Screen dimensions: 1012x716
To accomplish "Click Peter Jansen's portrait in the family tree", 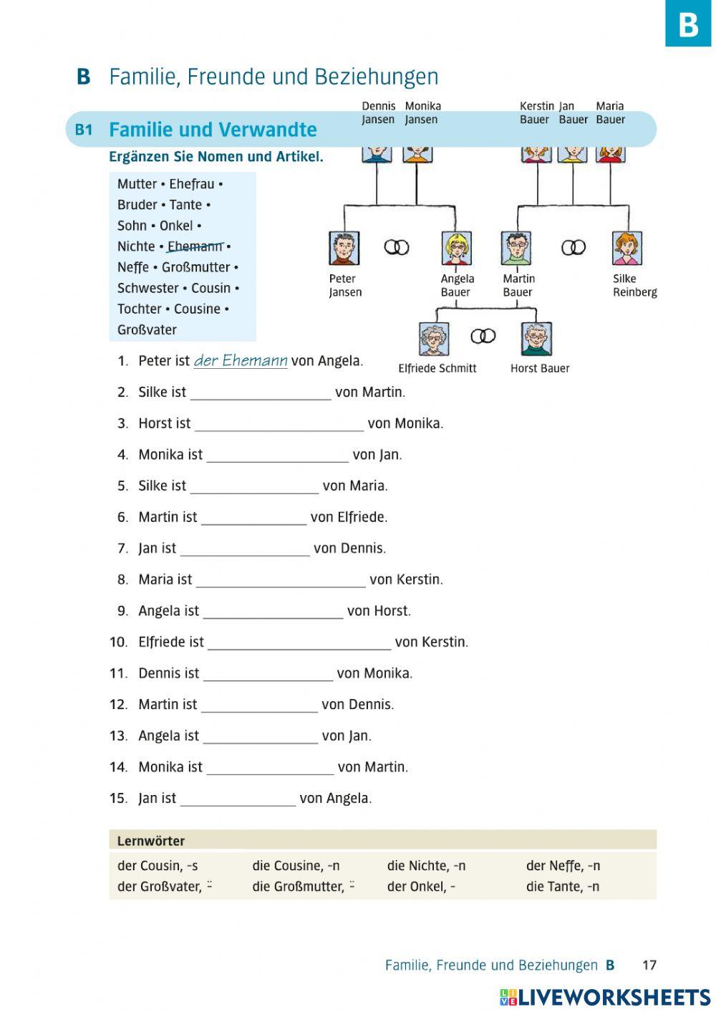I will click(x=344, y=248).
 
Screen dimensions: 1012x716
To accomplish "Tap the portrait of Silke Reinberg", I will click(x=626, y=248).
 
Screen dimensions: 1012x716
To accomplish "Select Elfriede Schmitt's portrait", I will click(x=434, y=339).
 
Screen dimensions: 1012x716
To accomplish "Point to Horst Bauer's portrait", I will click(x=536, y=339).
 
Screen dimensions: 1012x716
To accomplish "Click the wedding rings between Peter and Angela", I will click(x=397, y=247).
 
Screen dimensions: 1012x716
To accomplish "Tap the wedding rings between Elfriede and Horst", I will click(x=483, y=336).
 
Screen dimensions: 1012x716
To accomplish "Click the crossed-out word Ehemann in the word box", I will click(x=195, y=246).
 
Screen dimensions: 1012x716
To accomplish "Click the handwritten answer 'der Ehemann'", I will click(x=241, y=360).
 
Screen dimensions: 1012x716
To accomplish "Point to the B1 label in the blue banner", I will click(x=84, y=130).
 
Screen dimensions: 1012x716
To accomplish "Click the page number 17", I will click(x=649, y=965).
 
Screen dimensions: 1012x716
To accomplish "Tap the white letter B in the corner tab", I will click(x=688, y=24).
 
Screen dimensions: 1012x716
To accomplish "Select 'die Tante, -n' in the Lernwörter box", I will click(x=563, y=886).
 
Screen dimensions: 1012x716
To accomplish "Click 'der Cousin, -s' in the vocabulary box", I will click(x=158, y=865).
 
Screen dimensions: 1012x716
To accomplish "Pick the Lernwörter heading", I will click(x=151, y=841).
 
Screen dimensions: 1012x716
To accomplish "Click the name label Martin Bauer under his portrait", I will click(x=518, y=285).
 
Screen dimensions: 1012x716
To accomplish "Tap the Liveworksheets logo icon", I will click(x=508, y=997).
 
